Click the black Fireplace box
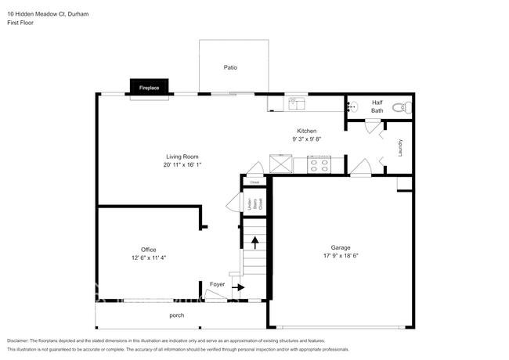pyautogui.click(x=149, y=88)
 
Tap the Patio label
pyautogui.click(x=230, y=68)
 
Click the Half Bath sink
pyautogui.click(x=353, y=106)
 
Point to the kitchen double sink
pyautogui.click(x=297, y=103)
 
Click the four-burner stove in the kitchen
pyautogui.click(x=319, y=164)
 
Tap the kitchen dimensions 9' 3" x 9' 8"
pyautogui.click(x=305, y=139)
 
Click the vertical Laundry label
pyautogui.click(x=399, y=147)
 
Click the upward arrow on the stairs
pyautogui.click(x=254, y=241)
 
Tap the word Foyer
pyautogui.click(x=217, y=284)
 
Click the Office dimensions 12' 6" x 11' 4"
pyautogui.click(x=149, y=257)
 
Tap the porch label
pyautogui.click(x=177, y=315)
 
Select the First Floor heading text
pyautogui.click(x=20, y=23)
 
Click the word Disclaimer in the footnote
pyautogui.click(x=20, y=341)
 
